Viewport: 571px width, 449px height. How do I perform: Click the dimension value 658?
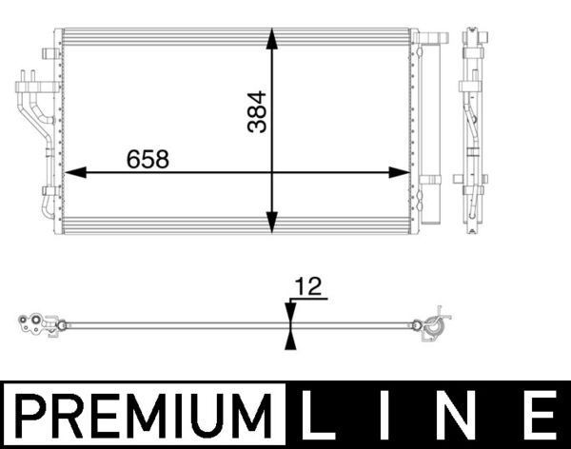tap(148, 159)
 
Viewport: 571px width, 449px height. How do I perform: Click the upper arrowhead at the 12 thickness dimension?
tap(289, 310)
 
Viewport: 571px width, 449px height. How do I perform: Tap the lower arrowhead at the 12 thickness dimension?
tap(289, 341)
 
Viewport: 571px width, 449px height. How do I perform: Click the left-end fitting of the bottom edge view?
tap(38, 324)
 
